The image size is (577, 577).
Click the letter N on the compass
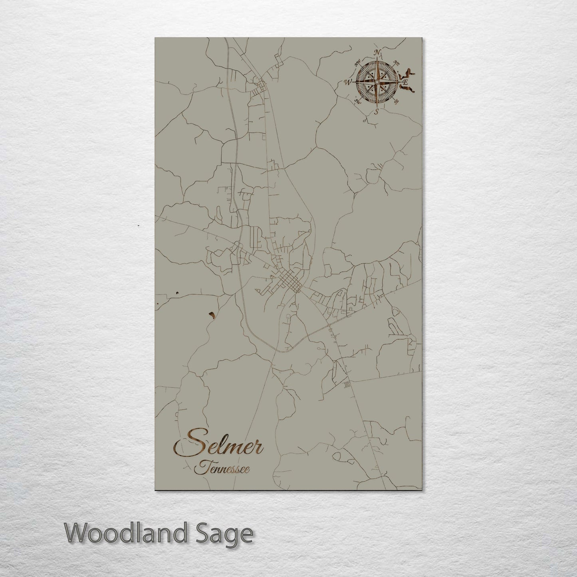point(377,53)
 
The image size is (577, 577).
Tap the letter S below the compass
point(376,112)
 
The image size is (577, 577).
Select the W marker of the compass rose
point(347,83)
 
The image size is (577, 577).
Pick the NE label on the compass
point(396,62)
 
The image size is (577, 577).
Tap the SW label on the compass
point(357,101)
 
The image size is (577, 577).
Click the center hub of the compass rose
point(376,82)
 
